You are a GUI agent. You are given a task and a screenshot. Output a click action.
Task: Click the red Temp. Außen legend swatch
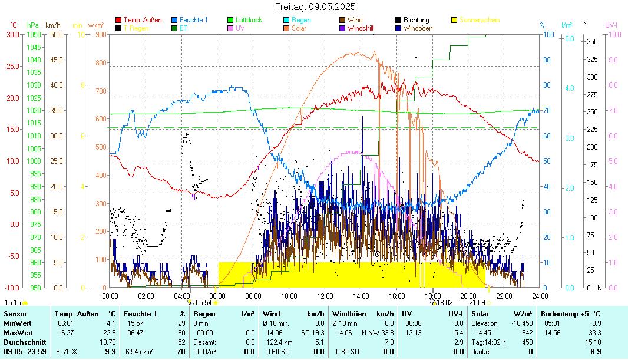[x=118, y=20]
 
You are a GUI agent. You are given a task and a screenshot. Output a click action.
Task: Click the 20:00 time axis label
[x=468, y=296]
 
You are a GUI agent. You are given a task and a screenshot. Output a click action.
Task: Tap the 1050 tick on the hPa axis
[x=34, y=34]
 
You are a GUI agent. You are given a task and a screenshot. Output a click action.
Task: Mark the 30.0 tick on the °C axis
[x=12, y=34]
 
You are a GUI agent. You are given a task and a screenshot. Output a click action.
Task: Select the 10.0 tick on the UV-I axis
[x=613, y=34]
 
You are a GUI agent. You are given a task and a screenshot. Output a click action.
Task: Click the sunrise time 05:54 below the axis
[x=203, y=302]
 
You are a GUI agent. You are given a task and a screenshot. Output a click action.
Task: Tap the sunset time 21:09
[x=477, y=302]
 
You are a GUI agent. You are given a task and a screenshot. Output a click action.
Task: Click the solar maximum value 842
[x=527, y=333]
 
